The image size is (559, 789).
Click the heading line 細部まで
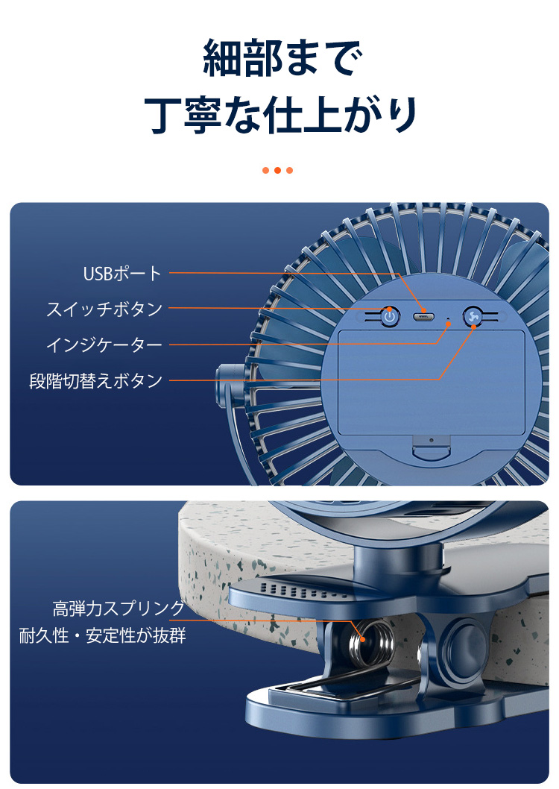[282, 58]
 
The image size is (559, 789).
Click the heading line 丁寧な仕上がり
[281, 116]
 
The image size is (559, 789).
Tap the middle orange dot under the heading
[277, 170]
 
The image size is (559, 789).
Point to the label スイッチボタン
[104, 309]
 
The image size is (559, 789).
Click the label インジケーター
[104, 345]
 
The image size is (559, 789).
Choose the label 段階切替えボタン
[96, 380]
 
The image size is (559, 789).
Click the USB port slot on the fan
[424, 316]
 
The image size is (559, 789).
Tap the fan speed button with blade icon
[473, 316]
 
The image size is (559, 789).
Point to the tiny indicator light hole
[449, 319]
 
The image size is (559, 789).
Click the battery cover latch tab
[432, 448]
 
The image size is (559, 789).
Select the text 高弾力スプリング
[119, 609]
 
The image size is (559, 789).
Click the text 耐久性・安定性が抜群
[103, 635]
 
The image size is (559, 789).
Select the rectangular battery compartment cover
[432, 383]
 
